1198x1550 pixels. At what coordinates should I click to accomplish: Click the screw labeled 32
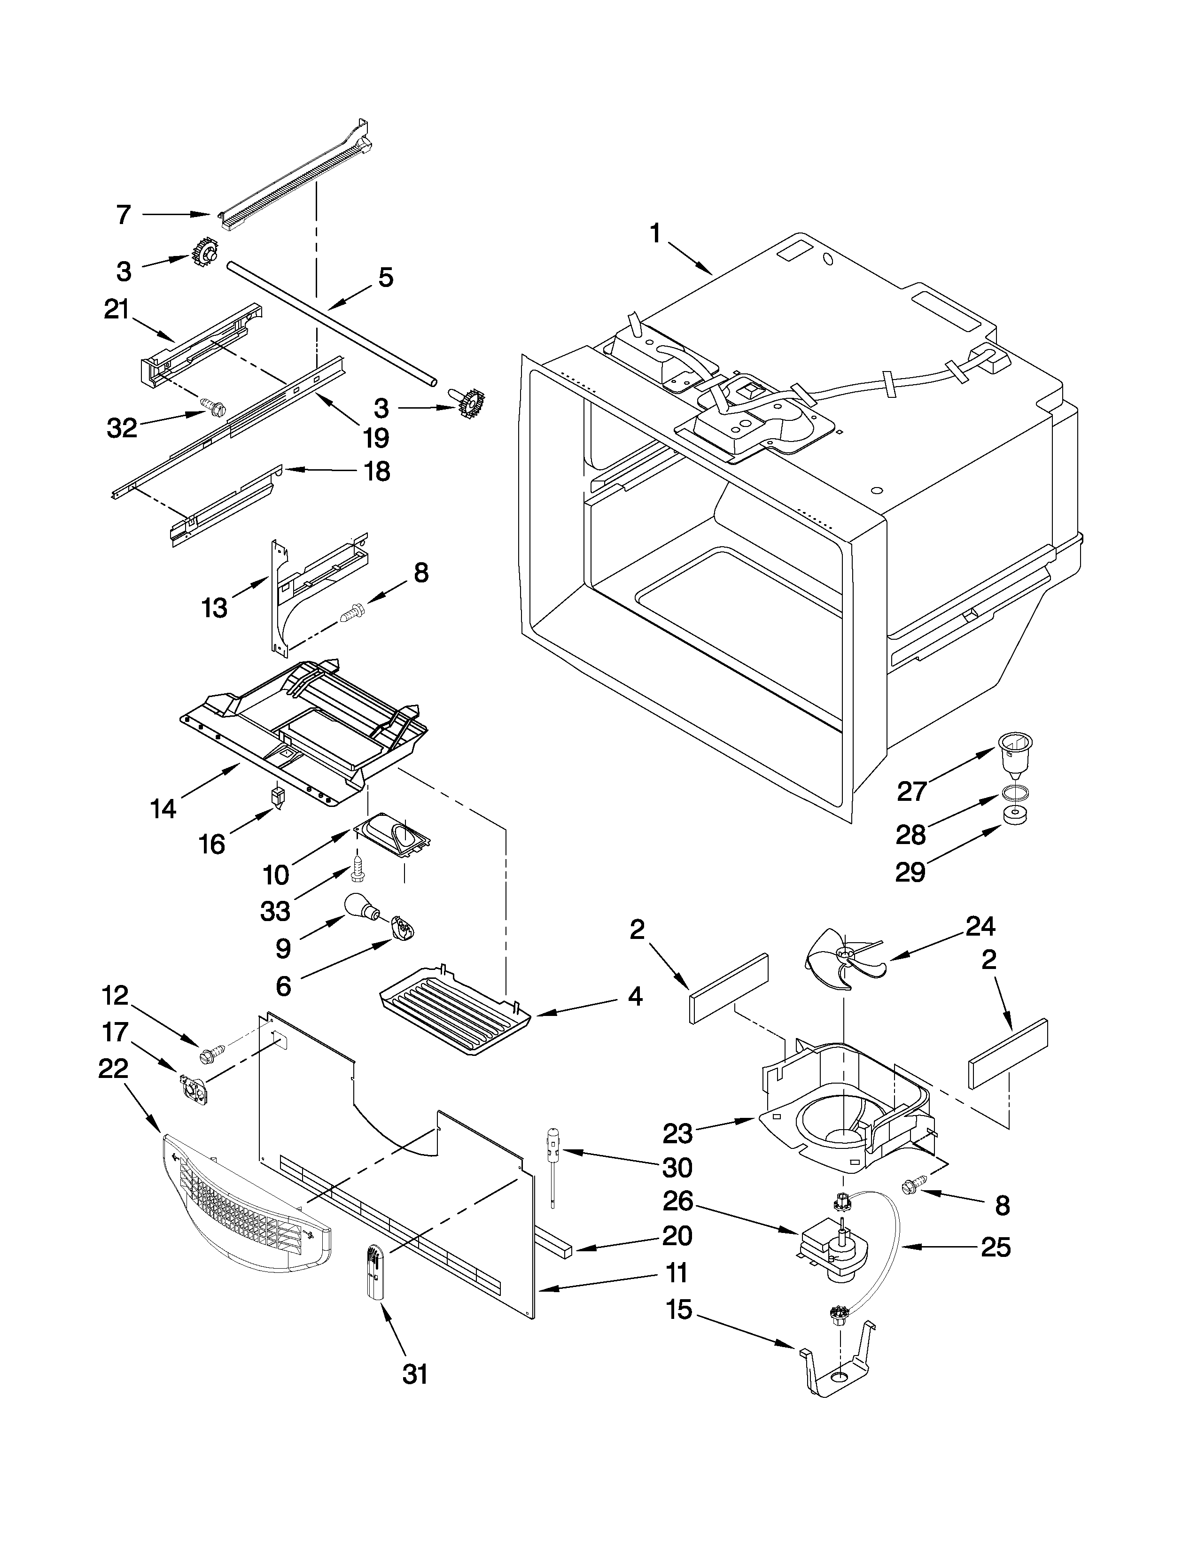point(214,407)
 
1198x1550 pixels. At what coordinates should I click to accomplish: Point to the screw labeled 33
point(358,869)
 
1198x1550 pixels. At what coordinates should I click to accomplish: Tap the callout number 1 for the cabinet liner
point(654,233)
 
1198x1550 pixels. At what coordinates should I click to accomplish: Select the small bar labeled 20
point(554,1243)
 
